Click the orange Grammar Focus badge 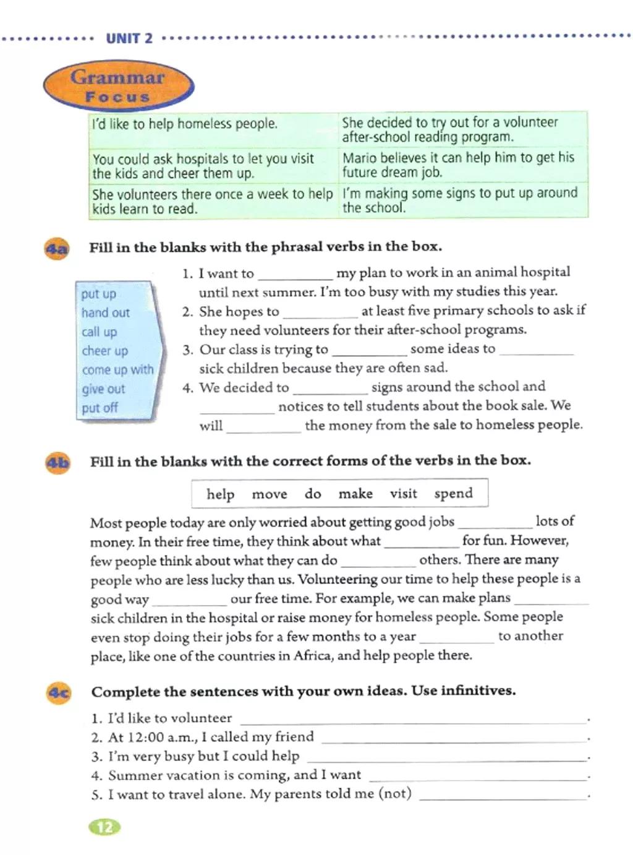point(118,85)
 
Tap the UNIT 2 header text point(129,38)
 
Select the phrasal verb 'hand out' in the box point(105,313)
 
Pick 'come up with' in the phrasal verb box point(117,370)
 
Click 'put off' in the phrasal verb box point(100,408)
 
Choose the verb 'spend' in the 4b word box point(453,494)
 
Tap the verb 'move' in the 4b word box point(270,494)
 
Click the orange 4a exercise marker point(57,249)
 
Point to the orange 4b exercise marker point(58,463)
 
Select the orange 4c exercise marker point(59,693)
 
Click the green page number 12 point(105,827)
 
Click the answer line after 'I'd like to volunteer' point(414,720)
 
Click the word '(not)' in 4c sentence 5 point(395,794)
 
